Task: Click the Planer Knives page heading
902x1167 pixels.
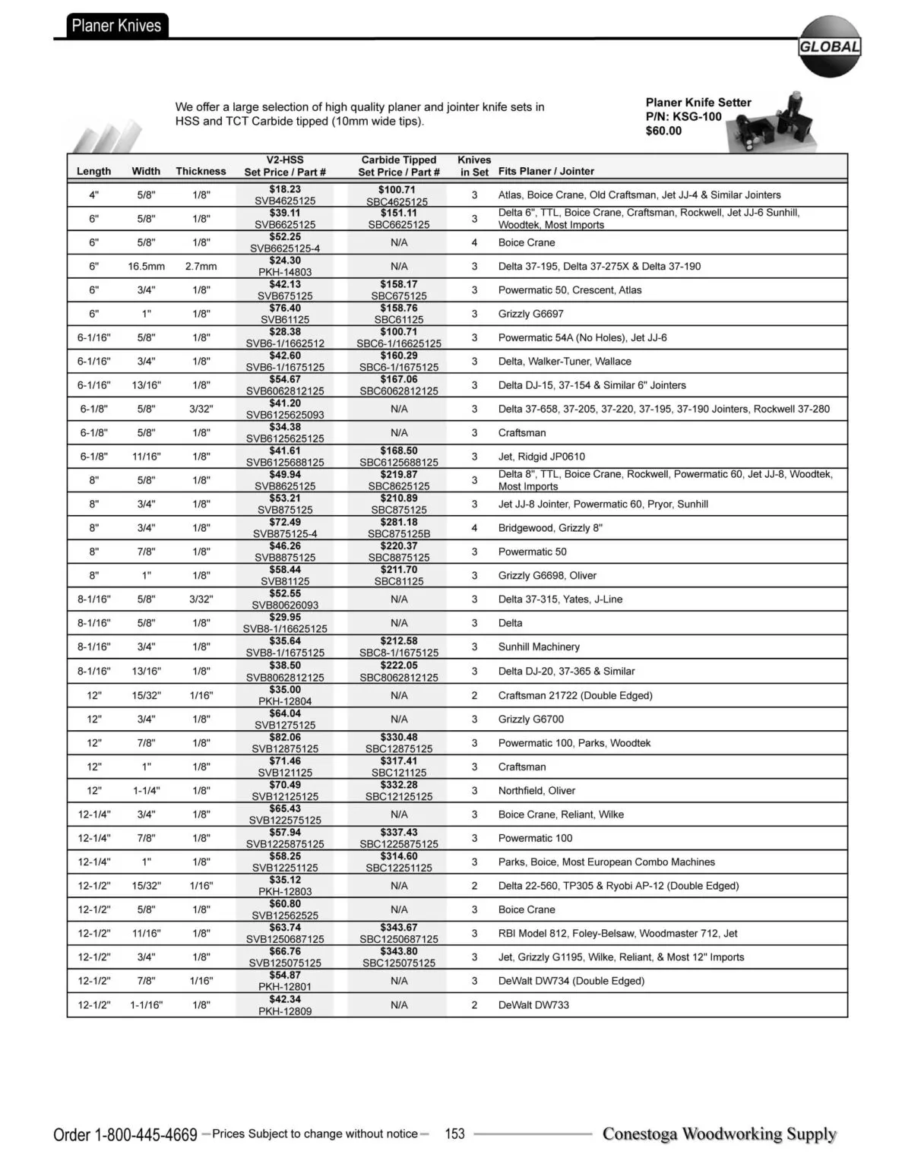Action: click(x=116, y=26)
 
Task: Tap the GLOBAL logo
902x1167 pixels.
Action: click(x=829, y=46)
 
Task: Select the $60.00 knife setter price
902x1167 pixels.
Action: click(x=663, y=131)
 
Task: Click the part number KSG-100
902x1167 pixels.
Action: click(x=697, y=116)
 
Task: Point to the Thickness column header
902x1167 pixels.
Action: click(x=201, y=172)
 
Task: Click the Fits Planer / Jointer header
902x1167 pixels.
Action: click(x=546, y=172)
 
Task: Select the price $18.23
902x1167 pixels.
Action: click(x=285, y=189)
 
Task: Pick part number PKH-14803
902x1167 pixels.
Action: click(x=285, y=272)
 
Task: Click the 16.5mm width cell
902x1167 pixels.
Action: click(x=146, y=267)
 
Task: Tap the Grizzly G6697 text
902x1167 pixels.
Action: click(x=530, y=314)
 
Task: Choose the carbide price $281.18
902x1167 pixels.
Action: click(x=399, y=522)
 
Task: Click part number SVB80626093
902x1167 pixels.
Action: click(x=285, y=606)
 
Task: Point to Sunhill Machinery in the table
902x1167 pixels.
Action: click(x=539, y=647)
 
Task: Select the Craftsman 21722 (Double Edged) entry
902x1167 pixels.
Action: click(x=575, y=695)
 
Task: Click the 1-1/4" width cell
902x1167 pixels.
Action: click(x=146, y=791)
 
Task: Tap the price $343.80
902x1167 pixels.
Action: click(x=399, y=951)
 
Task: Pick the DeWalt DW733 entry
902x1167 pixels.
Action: click(x=533, y=1005)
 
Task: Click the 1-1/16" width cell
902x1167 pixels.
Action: click(x=146, y=1005)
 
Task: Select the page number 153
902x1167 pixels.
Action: click(x=454, y=1134)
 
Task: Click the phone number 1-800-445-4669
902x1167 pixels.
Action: click(x=145, y=1135)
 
